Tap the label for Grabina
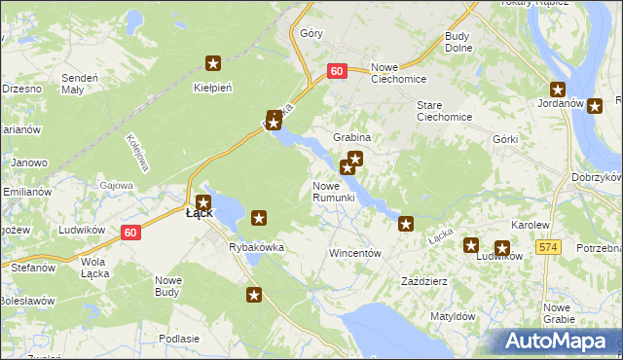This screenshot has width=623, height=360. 352,137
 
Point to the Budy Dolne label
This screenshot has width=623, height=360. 457,42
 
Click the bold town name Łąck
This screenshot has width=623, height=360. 200,213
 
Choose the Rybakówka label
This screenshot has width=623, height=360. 256,247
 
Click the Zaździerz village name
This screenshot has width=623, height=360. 423,281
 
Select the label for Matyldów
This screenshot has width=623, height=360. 453,316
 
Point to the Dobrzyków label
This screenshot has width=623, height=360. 598,177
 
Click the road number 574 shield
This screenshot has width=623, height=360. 549,249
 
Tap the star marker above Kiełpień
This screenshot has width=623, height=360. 213,64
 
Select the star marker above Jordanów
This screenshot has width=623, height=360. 558,90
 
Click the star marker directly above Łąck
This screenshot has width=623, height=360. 202,201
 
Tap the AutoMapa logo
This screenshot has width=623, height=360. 554,341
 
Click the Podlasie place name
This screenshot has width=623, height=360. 178,338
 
